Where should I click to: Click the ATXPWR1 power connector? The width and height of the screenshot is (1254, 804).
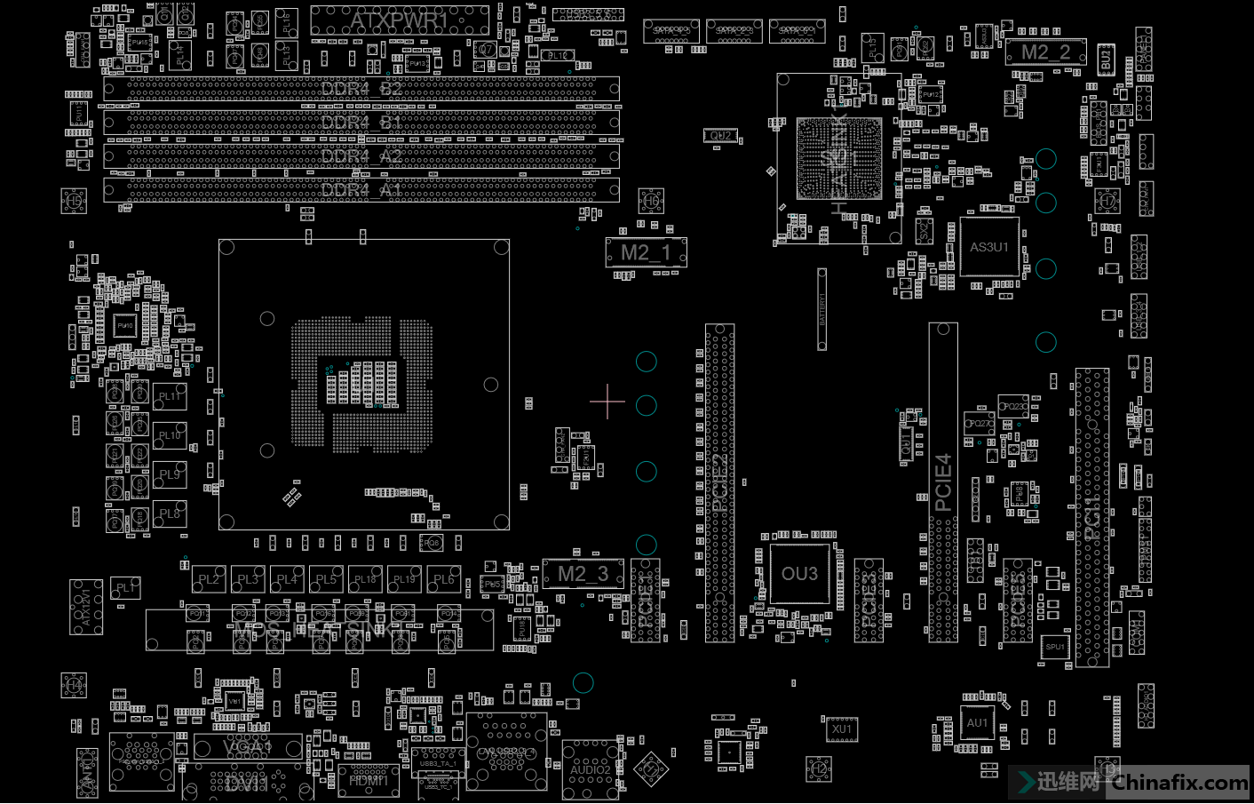pyautogui.click(x=400, y=20)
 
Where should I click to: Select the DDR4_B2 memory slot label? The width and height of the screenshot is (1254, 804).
pyautogui.click(x=361, y=89)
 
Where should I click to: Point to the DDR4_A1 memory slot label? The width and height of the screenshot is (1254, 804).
pyautogui.click(x=361, y=190)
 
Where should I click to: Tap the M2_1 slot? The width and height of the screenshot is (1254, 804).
pyautogui.click(x=646, y=253)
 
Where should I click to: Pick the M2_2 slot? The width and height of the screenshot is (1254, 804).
pyautogui.click(x=1045, y=52)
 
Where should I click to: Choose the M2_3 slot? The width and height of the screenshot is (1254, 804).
pyautogui.click(x=583, y=575)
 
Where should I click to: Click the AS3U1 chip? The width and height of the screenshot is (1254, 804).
pyautogui.click(x=988, y=247)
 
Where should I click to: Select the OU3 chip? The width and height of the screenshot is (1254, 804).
pyautogui.click(x=799, y=574)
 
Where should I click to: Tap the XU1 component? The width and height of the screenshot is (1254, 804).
pyautogui.click(x=840, y=729)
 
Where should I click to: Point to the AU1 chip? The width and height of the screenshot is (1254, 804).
pyautogui.click(x=977, y=723)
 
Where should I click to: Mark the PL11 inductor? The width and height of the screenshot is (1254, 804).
pyautogui.click(x=170, y=396)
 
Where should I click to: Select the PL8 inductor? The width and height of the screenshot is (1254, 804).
pyautogui.click(x=170, y=513)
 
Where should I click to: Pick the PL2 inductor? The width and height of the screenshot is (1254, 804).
pyautogui.click(x=209, y=579)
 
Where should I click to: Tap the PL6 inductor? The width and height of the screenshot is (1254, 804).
pyautogui.click(x=444, y=579)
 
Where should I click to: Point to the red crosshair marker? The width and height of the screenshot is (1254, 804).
pyautogui.click(x=607, y=402)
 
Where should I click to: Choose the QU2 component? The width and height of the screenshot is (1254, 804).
pyautogui.click(x=720, y=136)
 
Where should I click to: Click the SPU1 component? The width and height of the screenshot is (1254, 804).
pyautogui.click(x=1054, y=647)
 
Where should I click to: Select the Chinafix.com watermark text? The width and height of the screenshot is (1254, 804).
pyautogui.click(x=1179, y=783)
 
